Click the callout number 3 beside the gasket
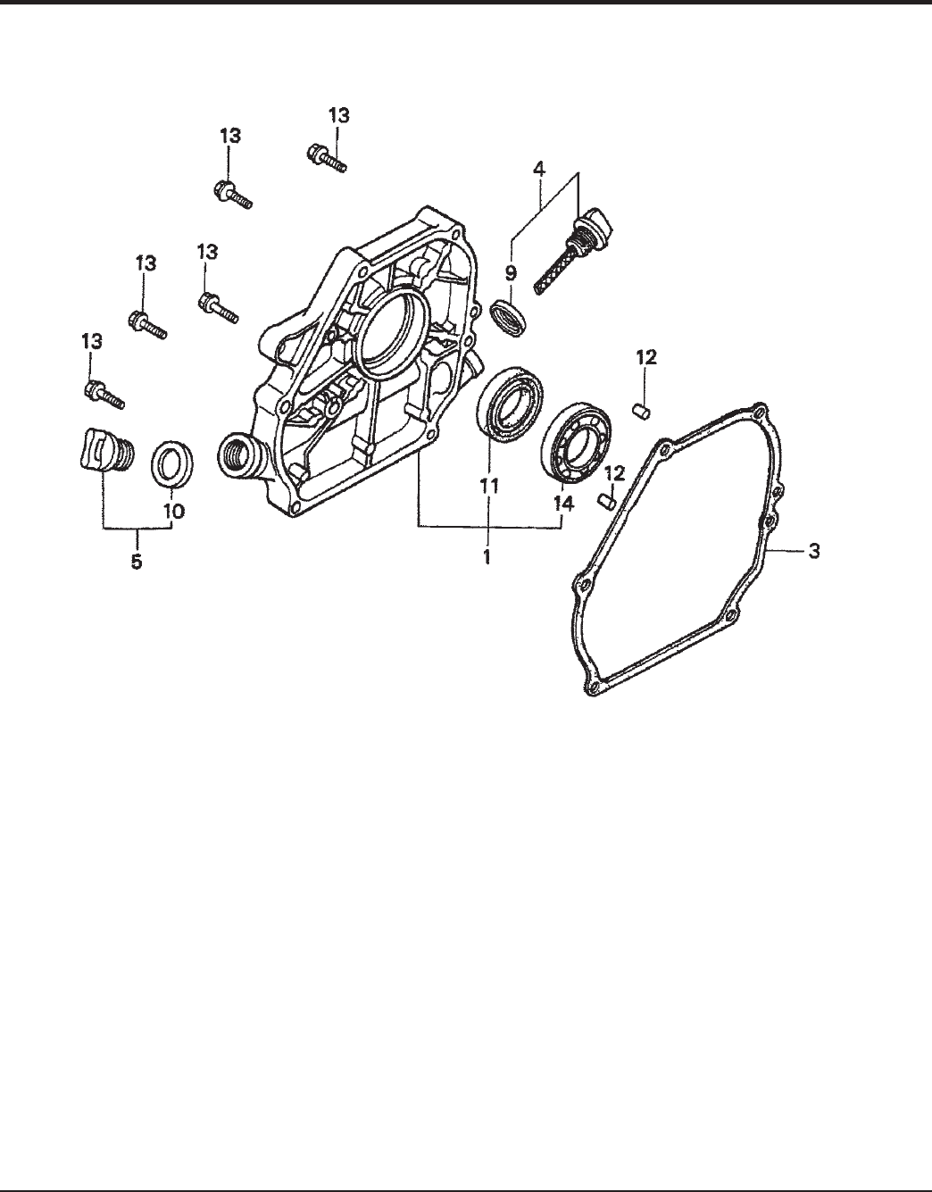click(x=814, y=551)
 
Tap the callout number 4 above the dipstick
click(x=539, y=169)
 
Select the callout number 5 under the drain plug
click(x=137, y=562)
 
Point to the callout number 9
click(x=511, y=272)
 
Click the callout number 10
click(x=174, y=512)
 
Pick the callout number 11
click(x=489, y=486)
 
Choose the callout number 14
click(x=563, y=504)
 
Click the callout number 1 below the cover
click(x=487, y=557)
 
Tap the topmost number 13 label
click(x=339, y=116)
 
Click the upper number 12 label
click(x=645, y=358)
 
